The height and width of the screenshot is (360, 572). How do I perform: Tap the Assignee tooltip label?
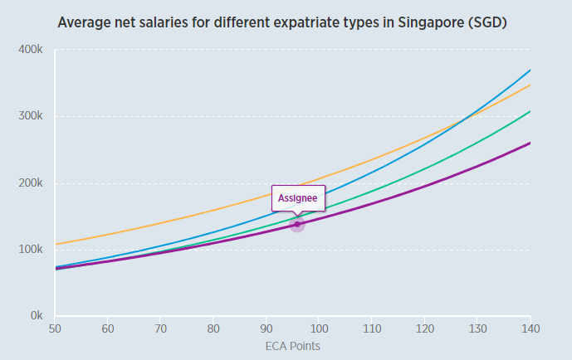(297, 198)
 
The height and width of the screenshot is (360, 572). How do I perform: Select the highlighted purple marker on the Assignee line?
(297, 225)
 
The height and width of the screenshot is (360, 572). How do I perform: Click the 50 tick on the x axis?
(54, 329)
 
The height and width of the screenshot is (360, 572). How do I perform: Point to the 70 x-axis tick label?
(160, 329)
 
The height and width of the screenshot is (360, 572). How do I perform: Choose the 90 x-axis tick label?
(266, 329)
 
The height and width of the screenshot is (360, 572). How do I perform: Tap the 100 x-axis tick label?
(319, 329)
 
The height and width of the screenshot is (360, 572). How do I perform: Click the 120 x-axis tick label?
(424, 329)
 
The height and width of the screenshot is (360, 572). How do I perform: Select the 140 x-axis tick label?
(530, 329)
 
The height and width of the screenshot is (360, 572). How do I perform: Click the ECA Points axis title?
(291, 346)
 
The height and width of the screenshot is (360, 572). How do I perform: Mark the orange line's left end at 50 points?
(55, 245)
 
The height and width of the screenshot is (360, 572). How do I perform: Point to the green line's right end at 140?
(530, 111)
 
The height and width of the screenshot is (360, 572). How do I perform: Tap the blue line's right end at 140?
(530, 71)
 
